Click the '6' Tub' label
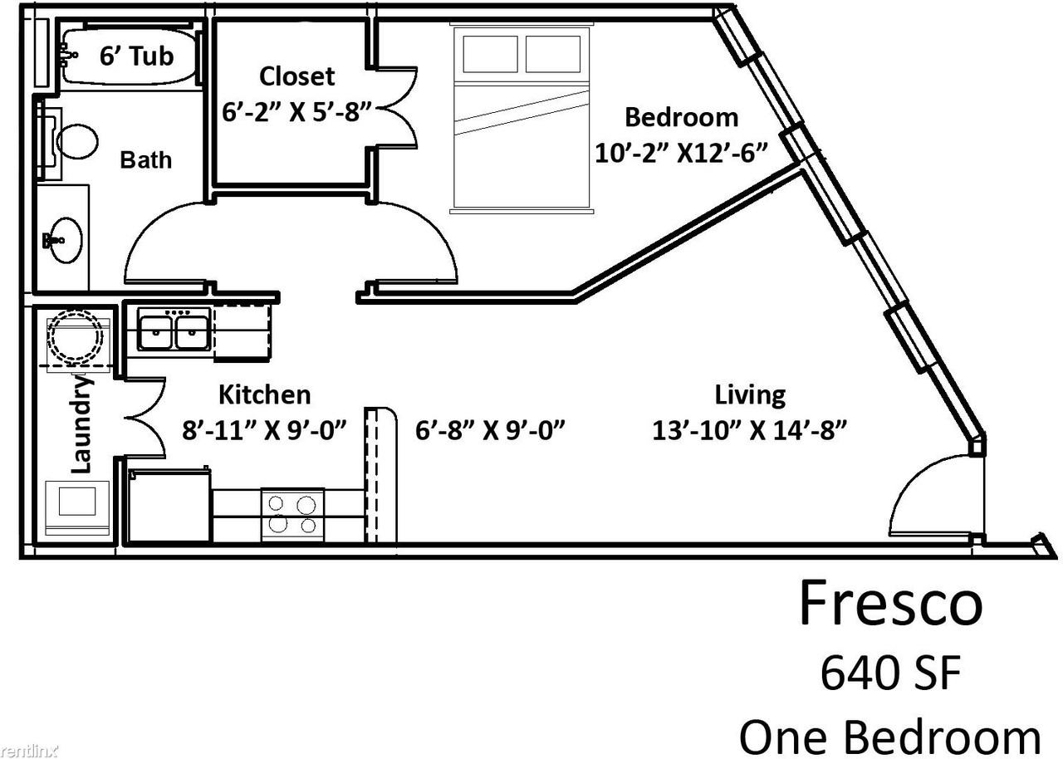click(136, 56)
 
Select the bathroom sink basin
click(66, 240)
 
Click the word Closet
click(296, 76)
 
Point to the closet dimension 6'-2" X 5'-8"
click(296, 112)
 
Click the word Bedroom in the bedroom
click(682, 117)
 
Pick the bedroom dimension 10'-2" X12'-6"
click(681, 154)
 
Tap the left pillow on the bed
click(490, 54)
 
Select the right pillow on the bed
click(553, 54)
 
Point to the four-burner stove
click(293, 515)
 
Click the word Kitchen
click(264, 394)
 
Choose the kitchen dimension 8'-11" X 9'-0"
click(264, 431)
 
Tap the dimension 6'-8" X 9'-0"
click(490, 431)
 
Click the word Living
click(750, 395)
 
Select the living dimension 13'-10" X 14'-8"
click(750, 431)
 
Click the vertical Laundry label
click(81, 424)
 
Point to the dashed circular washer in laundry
click(76, 337)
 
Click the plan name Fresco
click(891, 604)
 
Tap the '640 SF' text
click(891, 673)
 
